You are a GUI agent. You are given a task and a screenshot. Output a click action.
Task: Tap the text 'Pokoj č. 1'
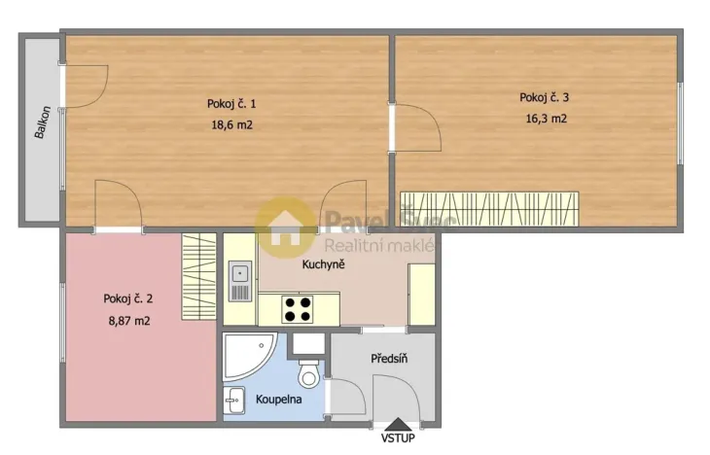tap(231, 104)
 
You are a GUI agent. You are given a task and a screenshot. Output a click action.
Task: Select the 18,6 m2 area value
tap(231, 124)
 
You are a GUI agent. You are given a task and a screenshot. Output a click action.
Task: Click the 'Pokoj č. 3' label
tap(544, 97)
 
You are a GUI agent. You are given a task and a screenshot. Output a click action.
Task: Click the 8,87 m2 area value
tap(127, 320)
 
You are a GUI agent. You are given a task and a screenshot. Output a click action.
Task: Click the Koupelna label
tap(278, 400)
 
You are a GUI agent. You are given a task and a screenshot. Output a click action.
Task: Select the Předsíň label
tap(389, 359)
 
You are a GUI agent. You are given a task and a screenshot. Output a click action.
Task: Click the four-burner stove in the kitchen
tap(298, 309)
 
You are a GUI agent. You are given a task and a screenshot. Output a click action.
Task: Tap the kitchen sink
tap(239, 278)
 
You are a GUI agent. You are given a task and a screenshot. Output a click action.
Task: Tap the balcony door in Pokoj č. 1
tap(84, 87)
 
